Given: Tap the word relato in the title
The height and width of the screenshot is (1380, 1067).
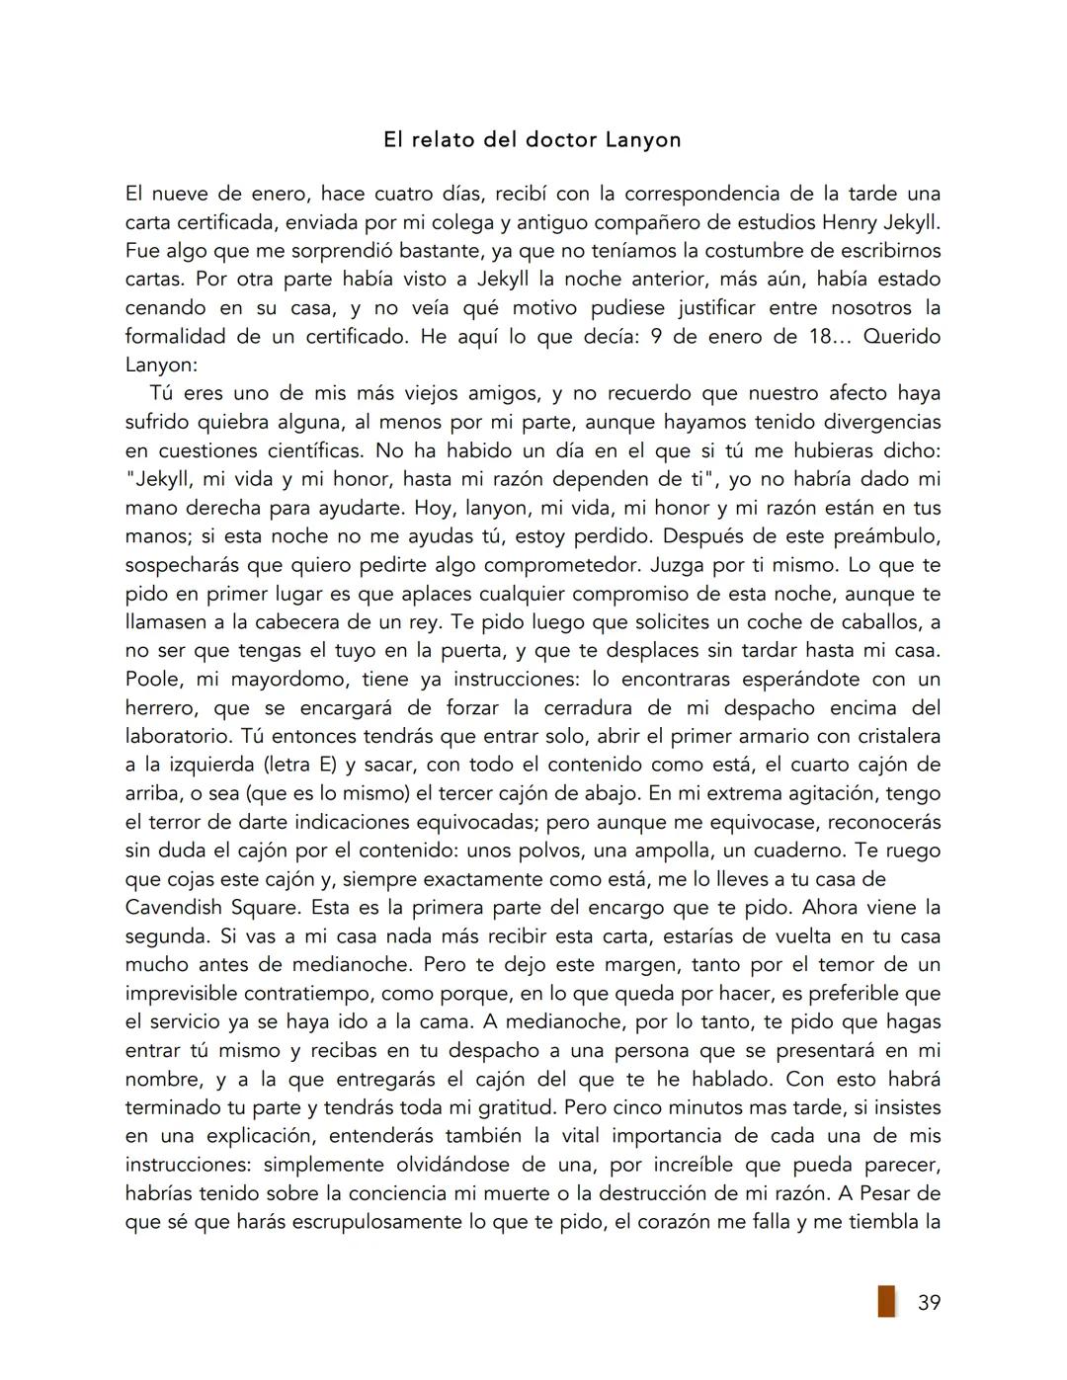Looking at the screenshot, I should tap(443, 140).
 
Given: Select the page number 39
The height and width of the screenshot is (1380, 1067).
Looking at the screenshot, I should tap(929, 1303).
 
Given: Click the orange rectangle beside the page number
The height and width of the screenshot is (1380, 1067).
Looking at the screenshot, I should tap(886, 1301).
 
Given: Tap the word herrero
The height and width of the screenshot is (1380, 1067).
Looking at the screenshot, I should tap(162, 708).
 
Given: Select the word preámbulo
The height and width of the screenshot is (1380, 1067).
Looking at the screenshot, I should tap(885, 537).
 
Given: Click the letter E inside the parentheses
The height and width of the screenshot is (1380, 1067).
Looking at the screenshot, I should tap(288, 766).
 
